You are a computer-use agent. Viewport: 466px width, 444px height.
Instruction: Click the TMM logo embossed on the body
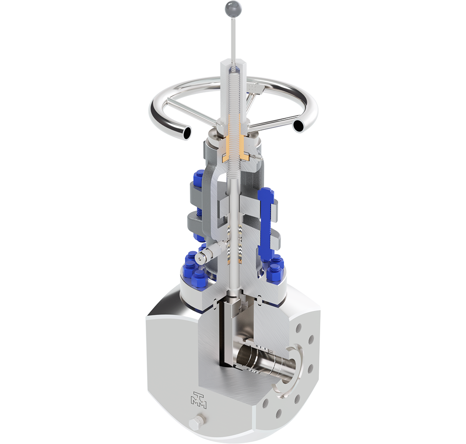[x=199, y=400]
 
